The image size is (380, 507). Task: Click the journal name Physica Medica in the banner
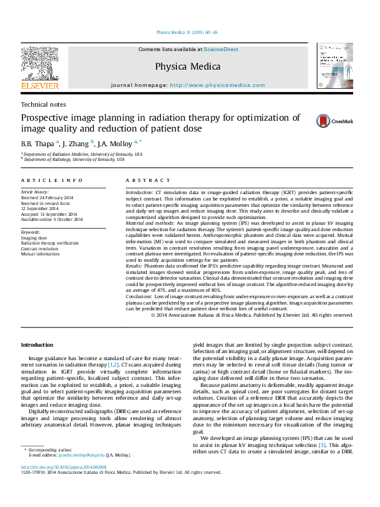(188, 66)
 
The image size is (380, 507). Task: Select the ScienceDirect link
(221, 49)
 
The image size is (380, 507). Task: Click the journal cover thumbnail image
(335, 66)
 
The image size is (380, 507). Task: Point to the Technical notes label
(43, 104)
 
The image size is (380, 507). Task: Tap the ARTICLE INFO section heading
(52, 181)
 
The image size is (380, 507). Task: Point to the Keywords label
(31, 232)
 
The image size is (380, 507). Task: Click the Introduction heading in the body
(37, 345)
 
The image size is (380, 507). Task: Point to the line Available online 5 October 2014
(52, 219)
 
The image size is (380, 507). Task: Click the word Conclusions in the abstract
(139, 298)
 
